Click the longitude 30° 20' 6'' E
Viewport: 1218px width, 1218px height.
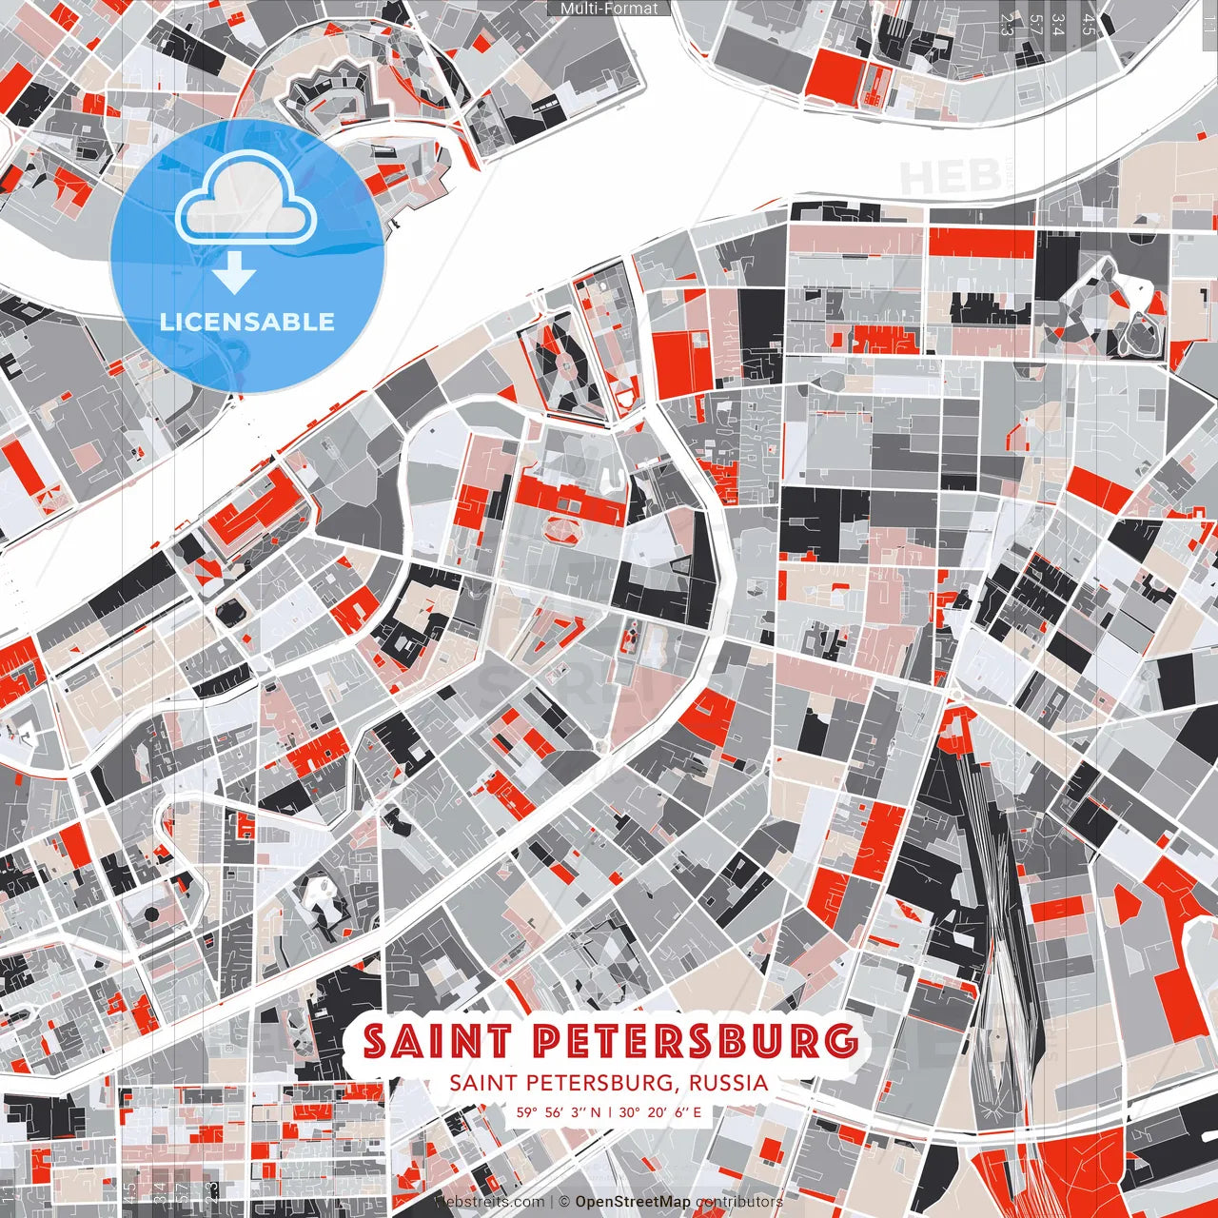click(659, 1111)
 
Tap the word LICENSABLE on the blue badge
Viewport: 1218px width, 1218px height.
click(247, 322)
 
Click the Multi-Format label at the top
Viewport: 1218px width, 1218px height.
click(609, 9)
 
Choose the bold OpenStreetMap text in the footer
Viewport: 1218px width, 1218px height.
click(633, 1203)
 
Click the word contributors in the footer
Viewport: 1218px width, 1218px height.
click(738, 1203)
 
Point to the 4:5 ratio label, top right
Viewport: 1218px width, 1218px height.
click(1089, 24)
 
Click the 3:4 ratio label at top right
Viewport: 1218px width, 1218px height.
click(1060, 24)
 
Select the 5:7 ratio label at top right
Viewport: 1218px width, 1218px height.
click(1035, 24)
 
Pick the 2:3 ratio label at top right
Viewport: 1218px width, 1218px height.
click(1007, 24)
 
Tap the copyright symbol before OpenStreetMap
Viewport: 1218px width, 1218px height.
click(564, 1203)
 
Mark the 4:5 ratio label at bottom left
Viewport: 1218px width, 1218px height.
click(129, 1191)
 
